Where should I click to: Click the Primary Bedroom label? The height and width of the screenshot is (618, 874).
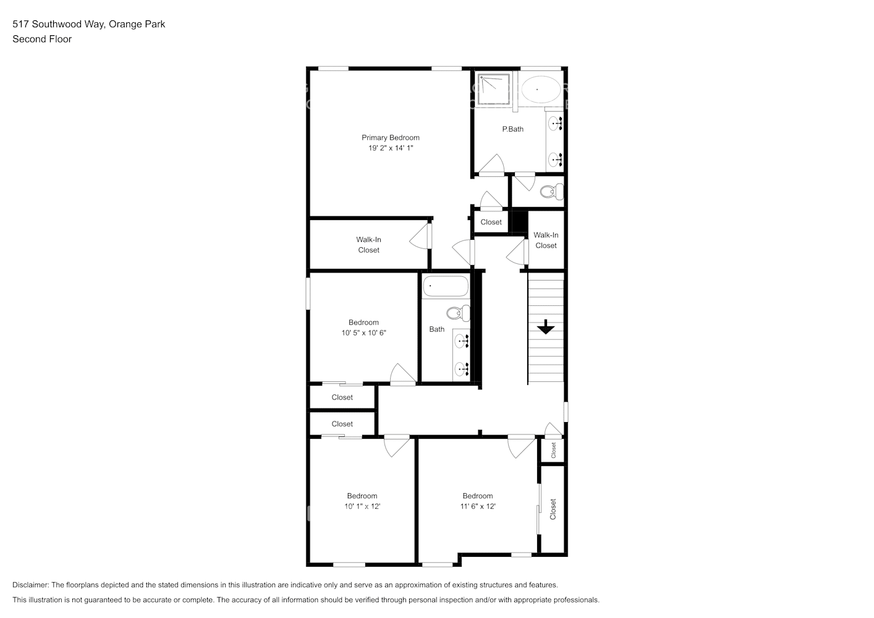point(390,138)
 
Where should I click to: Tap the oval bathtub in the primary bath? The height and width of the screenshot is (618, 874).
point(541,90)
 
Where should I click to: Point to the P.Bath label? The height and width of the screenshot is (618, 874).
point(512,129)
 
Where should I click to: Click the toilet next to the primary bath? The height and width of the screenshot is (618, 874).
point(551,192)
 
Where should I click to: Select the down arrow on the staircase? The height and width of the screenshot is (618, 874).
point(545,327)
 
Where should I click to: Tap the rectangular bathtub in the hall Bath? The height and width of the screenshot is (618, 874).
point(446,287)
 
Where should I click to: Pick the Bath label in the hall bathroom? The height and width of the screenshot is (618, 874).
point(436,329)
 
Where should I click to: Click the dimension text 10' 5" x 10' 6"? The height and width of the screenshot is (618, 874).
point(363,333)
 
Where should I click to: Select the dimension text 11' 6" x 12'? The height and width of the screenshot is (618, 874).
point(477,507)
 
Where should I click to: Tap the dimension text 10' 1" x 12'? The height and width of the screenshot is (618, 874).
point(362,507)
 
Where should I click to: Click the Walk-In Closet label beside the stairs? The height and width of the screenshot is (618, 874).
point(546,240)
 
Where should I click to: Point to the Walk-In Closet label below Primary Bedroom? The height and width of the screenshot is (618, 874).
point(368,245)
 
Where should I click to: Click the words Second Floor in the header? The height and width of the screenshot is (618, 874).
point(42,39)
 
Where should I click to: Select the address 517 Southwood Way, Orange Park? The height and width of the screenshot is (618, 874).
point(88,25)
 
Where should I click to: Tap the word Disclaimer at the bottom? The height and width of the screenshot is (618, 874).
point(30,585)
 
